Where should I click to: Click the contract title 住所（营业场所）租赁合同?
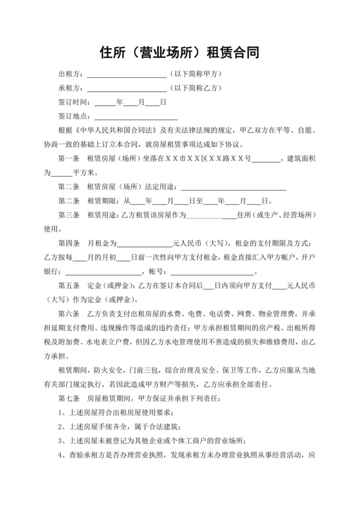click(179, 51)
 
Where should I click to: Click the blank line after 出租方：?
click(126, 76)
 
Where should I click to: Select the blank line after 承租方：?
click(126, 89)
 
